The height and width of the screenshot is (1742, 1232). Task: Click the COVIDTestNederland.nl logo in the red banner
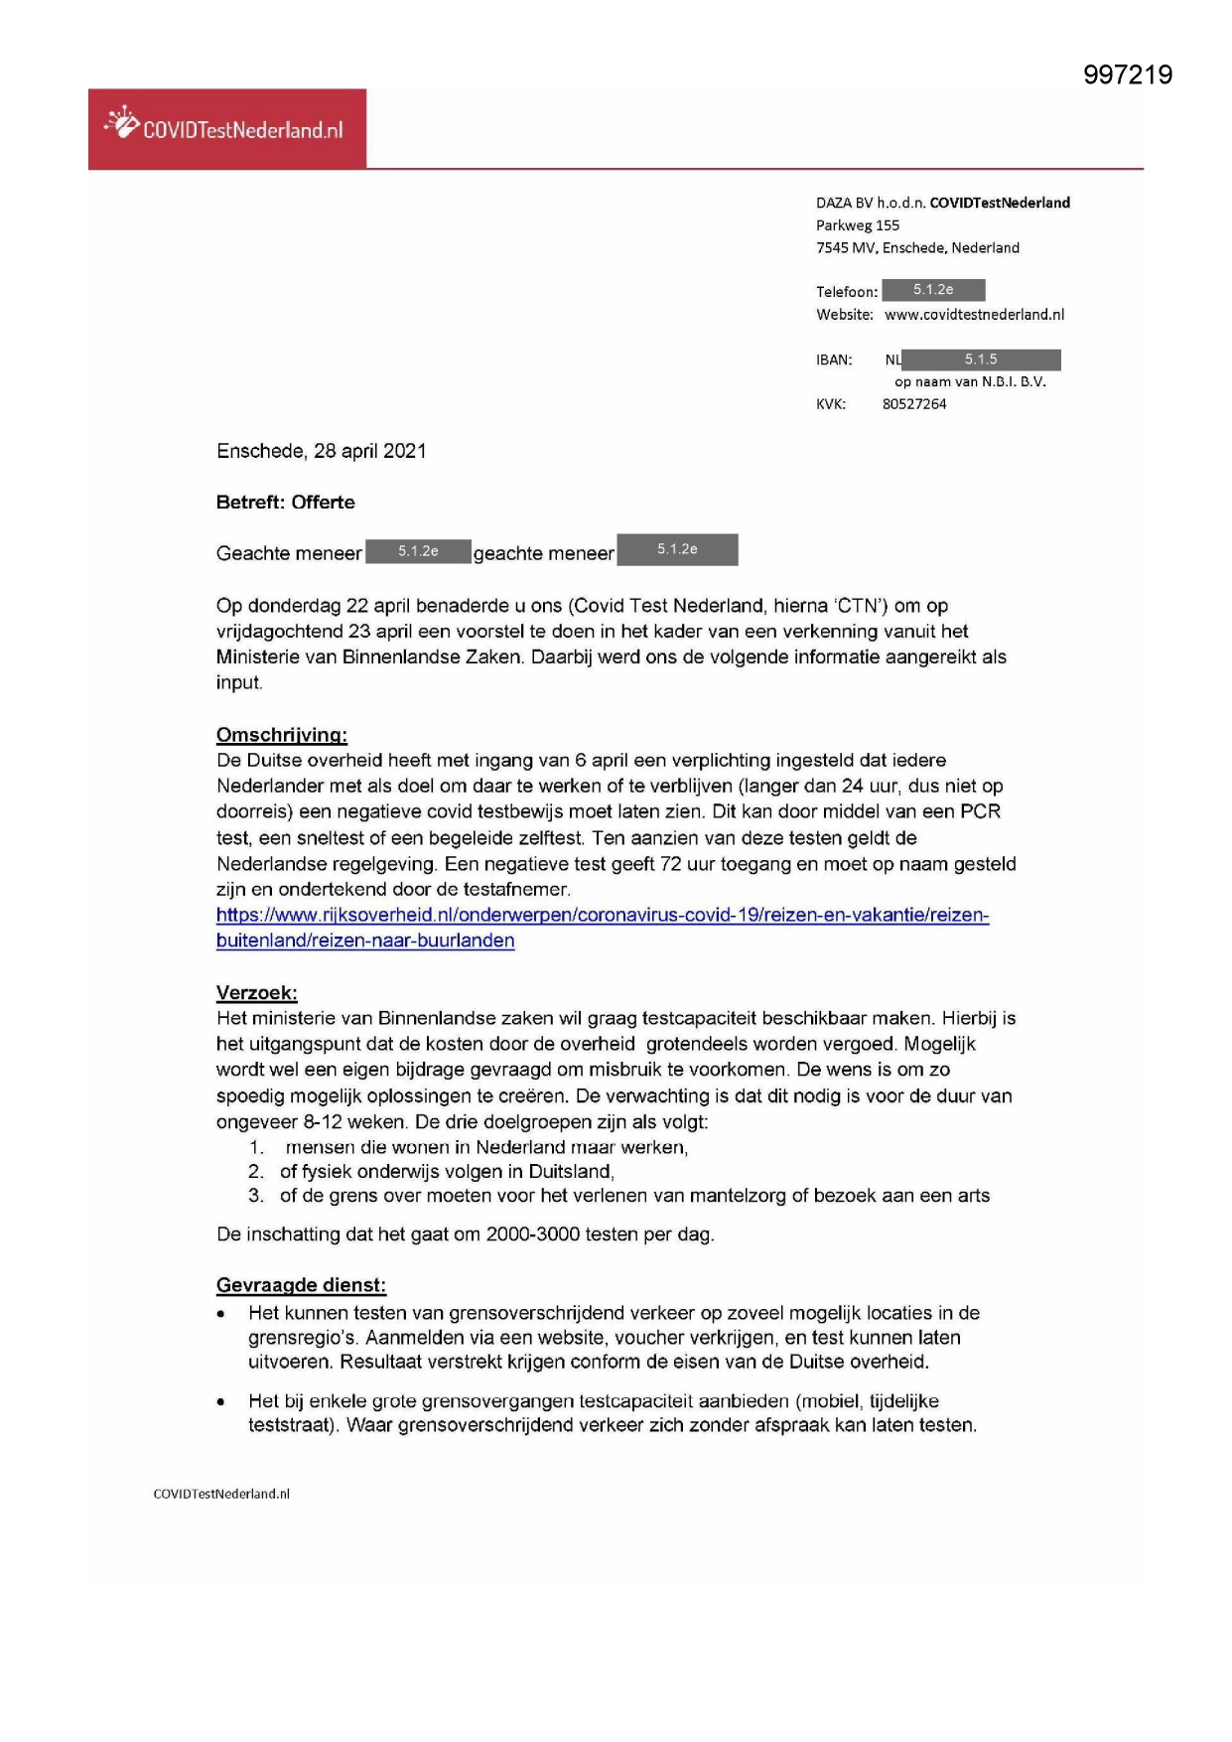(x=225, y=128)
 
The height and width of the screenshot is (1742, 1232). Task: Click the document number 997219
(x=1127, y=75)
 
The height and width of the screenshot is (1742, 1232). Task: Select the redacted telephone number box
(x=933, y=290)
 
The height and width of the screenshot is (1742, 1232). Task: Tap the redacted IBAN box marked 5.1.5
(x=981, y=360)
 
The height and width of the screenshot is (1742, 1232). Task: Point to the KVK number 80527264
(x=914, y=404)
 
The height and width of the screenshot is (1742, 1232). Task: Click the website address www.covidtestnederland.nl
(x=974, y=315)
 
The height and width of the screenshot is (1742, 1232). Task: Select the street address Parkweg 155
(x=858, y=225)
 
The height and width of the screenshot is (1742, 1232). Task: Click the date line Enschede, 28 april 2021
(x=321, y=451)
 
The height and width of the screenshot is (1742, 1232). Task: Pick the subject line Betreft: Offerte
(x=285, y=503)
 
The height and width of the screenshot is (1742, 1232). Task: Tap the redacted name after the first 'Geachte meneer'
(x=418, y=551)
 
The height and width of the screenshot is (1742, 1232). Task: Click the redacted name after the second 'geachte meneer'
(x=677, y=549)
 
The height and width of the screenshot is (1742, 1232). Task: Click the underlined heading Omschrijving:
(x=282, y=735)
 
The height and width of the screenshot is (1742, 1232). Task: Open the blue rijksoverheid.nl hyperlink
(x=602, y=916)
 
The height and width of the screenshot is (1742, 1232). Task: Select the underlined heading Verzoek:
(x=256, y=993)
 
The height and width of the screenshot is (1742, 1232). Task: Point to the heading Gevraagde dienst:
(x=301, y=1285)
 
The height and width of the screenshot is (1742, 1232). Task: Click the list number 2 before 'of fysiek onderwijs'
(x=256, y=1172)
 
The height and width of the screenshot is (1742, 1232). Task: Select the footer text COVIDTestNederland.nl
(x=221, y=1494)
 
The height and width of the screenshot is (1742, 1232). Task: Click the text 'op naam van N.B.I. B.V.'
(x=970, y=381)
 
